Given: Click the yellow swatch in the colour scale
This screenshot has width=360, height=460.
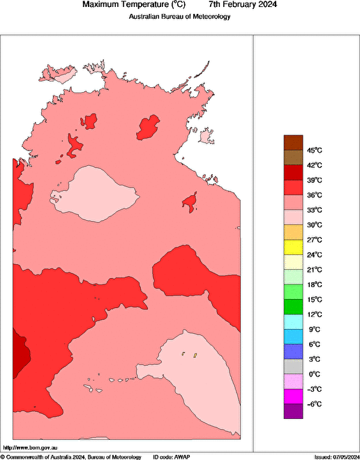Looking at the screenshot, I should tap(293, 247).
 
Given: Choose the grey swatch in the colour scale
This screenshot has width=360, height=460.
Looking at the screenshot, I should tap(293, 367).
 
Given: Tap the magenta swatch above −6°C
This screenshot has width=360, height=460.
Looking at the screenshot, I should tap(293, 397).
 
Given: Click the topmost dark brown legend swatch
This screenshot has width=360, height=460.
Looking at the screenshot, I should tap(293, 142).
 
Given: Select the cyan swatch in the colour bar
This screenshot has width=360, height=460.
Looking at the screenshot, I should tap(293, 322).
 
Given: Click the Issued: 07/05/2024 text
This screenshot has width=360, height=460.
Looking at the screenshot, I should tap(336, 456).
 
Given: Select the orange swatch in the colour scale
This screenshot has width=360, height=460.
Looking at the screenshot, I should tap(293, 232).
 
